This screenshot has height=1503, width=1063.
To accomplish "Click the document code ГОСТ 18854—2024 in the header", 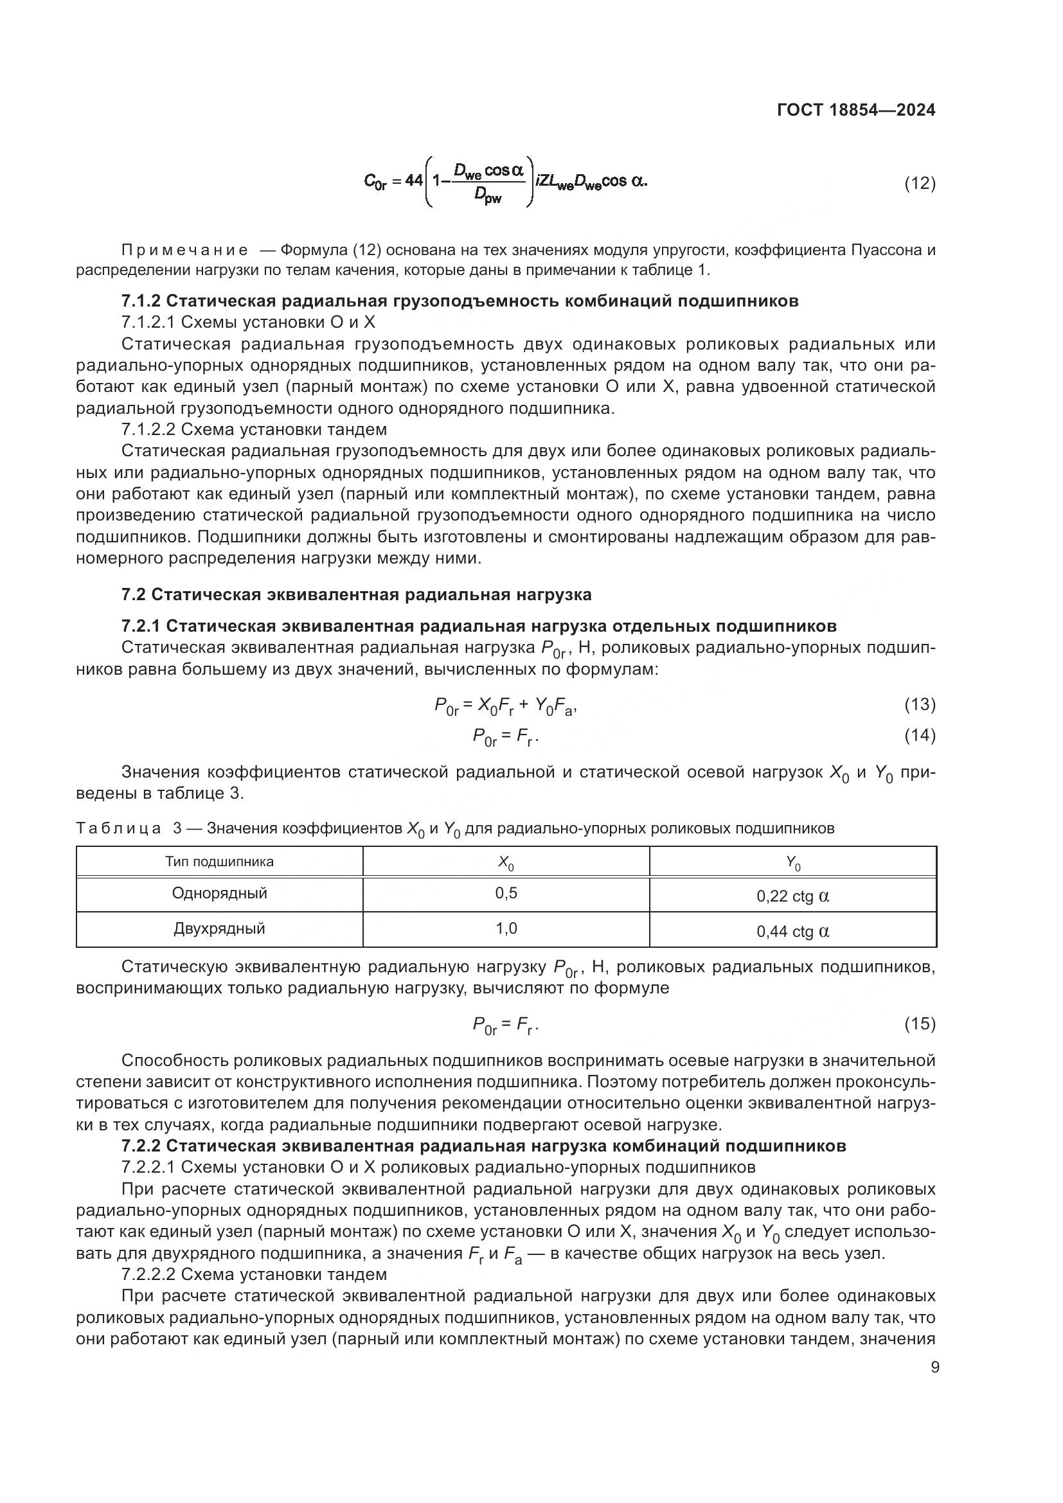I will pyautogui.click(x=855, y=110).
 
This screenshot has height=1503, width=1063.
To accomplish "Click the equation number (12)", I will pyautogui.click(x=920, y=183).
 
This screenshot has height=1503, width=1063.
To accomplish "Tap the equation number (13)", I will pyautogui.click(x=920, y=704).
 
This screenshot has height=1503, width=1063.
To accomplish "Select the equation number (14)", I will pyautogui.click(x=920, y=736).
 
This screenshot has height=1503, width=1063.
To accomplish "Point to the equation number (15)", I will pyautogui.click(x=920, y=1023).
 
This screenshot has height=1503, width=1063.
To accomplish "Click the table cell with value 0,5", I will pyautogui.click(x=506, y=893).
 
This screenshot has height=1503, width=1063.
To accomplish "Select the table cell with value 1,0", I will pyautogui.click(x=506, y=929).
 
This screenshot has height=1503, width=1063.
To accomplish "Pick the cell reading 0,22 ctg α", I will pyautogui.click(x=792, y=896).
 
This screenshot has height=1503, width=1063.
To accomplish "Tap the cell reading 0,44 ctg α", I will pyautogui.click(x=792, y=932).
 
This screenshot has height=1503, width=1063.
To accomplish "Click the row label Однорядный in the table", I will pyautogui.click(x=219, y=893).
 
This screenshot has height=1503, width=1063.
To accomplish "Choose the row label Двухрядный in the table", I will pyautogui.click(x=219, y=929).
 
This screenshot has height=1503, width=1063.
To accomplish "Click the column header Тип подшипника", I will pyautogui.click(x=219, y=862).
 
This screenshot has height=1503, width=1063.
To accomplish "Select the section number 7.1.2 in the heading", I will pyautogui.click(x=141, y=301).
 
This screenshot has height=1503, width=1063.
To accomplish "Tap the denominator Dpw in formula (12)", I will pyautogui.click(x=488, y=195).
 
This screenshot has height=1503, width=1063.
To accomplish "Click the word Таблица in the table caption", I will pyautogui.click(x=118, y=829).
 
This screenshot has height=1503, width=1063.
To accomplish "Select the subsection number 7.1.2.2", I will pyautogui.click(x=148, y=429).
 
